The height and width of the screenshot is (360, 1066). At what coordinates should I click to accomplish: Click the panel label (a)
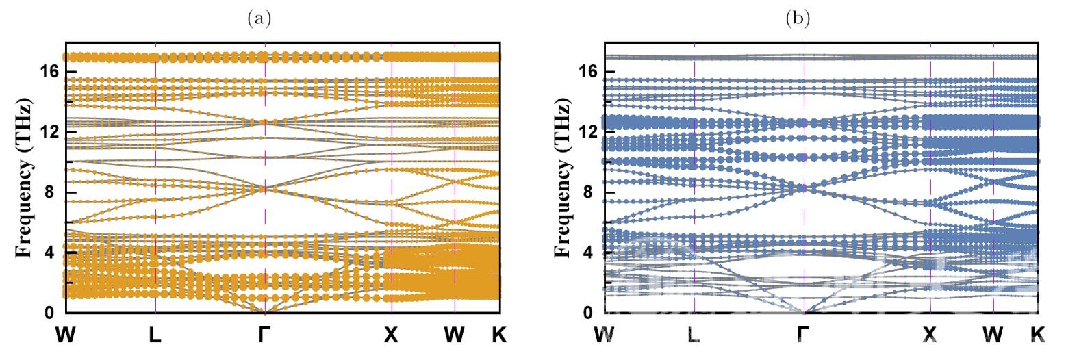click(x=259, y=18)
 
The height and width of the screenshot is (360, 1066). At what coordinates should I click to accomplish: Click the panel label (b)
click(x=798, y=18)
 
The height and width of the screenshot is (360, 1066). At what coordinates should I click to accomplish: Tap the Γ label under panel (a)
click(x=264, y=335)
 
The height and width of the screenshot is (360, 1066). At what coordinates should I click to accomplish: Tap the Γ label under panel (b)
click(x=804, y=335)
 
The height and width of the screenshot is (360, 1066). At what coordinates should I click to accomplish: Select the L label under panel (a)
click(x=155, y=335)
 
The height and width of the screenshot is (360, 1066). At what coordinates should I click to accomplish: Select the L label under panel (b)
click(x=694, y=335)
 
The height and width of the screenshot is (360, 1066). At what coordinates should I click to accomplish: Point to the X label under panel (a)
click(x=391, y=335)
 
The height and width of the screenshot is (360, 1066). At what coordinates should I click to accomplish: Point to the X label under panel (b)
click(x=930, y=335)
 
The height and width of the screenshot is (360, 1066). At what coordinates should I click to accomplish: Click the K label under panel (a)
click(x=499, y=335)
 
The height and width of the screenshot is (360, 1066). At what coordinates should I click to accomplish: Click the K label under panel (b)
click(x=1038, y=335)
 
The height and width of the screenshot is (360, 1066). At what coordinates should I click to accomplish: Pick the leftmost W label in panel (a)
click(x=66, y=335)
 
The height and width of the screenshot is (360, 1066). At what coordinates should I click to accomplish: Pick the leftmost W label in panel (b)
click(x=605, y=335)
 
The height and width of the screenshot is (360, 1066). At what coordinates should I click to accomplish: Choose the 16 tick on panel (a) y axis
click(x=51, y=71)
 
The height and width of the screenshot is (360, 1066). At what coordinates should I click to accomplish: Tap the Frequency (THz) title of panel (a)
click(x=25, y=179)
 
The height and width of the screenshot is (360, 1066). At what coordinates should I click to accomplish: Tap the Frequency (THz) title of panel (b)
click(x=563, y=179)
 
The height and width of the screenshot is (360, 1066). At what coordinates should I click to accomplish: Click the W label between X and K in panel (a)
click(x=454, y=335)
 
